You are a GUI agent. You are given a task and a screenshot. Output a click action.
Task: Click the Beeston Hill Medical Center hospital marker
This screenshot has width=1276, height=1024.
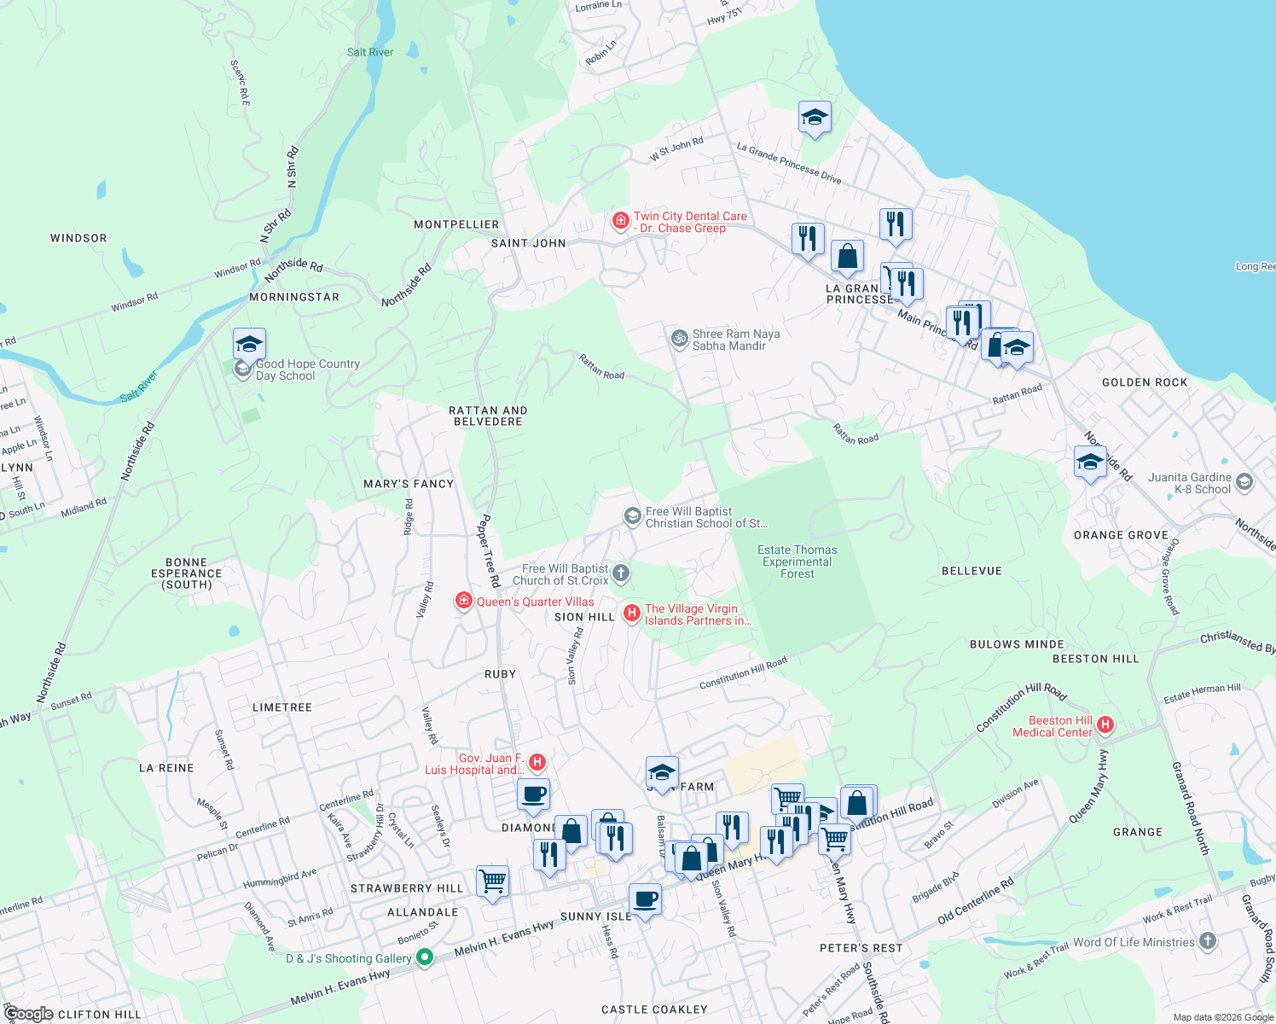1105,725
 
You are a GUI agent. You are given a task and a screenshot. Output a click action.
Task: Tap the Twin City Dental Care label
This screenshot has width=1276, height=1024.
689,222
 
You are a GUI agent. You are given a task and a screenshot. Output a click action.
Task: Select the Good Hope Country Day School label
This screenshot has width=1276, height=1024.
307,369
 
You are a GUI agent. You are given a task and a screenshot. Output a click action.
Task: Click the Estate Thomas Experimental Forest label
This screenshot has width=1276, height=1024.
797,561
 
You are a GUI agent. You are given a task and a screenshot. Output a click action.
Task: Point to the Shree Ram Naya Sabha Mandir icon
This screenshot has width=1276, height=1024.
679,339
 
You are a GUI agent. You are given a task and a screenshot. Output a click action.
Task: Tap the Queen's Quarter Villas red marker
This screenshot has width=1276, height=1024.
464,602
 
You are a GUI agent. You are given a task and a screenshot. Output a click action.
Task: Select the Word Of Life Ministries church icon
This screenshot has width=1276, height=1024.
1207,941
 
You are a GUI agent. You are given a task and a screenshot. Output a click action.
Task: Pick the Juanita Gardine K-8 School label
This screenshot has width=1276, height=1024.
1189,483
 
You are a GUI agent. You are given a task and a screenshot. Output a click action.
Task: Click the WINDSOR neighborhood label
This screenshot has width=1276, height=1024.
78,238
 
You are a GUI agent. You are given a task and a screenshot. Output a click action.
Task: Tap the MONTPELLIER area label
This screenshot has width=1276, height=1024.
456,224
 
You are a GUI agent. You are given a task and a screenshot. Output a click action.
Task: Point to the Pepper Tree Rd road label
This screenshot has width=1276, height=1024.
488,550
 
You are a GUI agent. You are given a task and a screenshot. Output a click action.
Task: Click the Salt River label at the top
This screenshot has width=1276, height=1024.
370,52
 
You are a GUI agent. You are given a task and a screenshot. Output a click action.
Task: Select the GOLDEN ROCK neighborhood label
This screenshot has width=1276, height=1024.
1145,382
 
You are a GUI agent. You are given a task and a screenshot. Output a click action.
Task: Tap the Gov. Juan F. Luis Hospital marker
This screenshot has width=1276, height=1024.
537,761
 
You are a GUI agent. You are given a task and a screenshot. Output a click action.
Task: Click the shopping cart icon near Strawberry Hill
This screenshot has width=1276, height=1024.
492,881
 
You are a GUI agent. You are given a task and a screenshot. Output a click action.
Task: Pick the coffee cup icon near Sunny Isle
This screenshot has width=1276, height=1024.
645,899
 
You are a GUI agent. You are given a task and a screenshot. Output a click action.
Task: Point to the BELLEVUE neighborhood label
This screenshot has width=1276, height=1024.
971,571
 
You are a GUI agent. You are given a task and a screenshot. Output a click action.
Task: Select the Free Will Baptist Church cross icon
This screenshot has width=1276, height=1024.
621,573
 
